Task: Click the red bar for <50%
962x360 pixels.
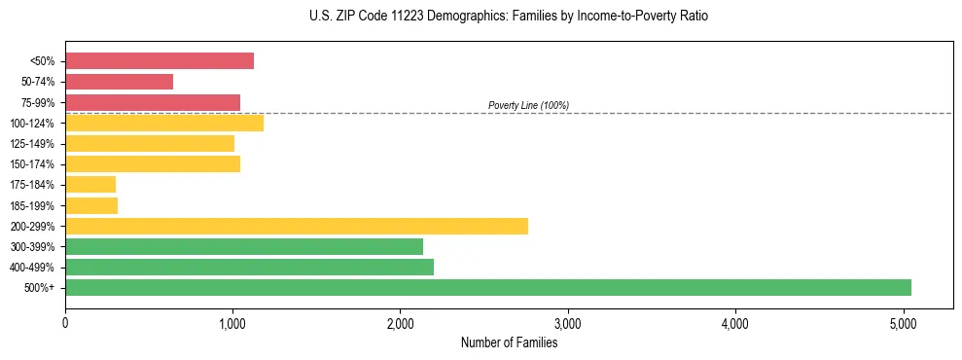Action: [x=159, y=61]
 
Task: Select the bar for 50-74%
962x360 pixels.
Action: [x=119, y=82]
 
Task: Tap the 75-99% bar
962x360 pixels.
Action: [x=152, y=102]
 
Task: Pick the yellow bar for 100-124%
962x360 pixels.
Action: [x=163, y=123]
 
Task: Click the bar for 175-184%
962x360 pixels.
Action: [x=90, y=185]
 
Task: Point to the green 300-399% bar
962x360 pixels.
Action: [x=243, y=246]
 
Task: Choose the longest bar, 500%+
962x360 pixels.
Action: [x=487, y=287]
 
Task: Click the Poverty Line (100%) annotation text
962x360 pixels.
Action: [x=528, y=105]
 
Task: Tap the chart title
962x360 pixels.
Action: [x=481, y=17]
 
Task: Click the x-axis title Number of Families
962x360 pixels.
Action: [x=509, y=342]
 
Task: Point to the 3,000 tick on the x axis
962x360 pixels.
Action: [x=567, y=323]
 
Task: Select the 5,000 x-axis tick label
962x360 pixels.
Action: [x=903, y=323]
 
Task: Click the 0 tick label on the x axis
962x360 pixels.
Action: [x=65, y=323]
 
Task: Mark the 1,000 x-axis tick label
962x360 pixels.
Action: [x=232, y=323]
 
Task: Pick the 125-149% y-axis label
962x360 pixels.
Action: [x=32, y=144]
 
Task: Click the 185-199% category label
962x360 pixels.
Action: [x=32, y=205]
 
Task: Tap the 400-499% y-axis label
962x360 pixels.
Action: [x=32, y=268]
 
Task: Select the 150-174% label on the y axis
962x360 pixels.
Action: [x=32, y=164]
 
